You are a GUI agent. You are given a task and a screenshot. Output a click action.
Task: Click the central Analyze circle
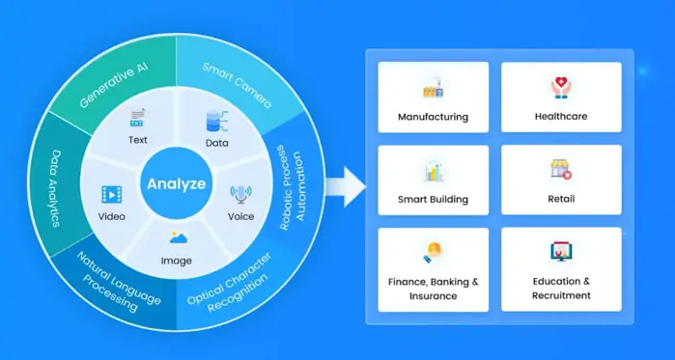[x=175, y=182]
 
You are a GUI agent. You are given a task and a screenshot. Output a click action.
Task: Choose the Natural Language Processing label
[x=107, y=283]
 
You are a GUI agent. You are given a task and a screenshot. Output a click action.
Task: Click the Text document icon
[x=137, y=120]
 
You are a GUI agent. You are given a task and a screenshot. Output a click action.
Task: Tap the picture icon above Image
[x=177, y=237]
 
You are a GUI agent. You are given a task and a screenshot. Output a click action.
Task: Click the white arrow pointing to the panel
[x=343, y=184]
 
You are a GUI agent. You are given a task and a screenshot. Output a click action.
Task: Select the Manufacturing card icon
[x=433, y=90]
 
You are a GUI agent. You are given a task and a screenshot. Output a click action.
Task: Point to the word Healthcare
[x=560, y=117]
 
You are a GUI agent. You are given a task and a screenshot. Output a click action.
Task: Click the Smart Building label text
[x=433, y=200]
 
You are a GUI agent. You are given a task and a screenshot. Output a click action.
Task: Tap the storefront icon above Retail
[x=561, y=171]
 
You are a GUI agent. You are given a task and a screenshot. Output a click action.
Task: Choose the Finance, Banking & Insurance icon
[x=432, y=253]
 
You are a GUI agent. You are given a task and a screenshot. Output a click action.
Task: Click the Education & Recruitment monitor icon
[x=561, y=254]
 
